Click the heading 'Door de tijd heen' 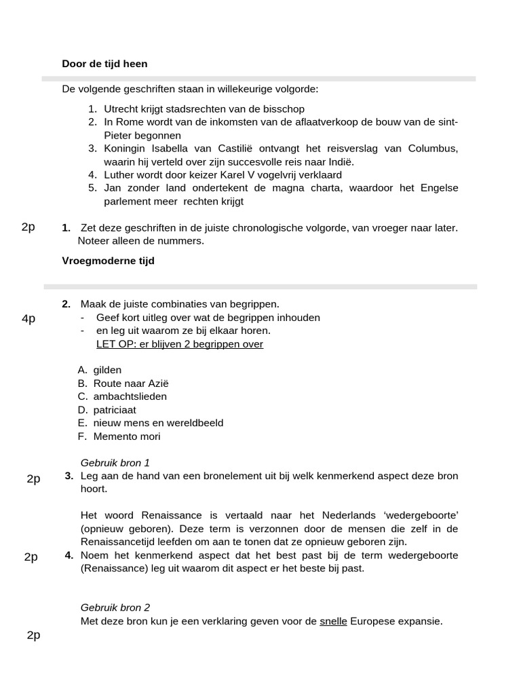point(104,64)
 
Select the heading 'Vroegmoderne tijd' point(108,261)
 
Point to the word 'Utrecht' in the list point(121,109)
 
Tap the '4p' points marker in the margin point(28,318)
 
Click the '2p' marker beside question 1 point(28,227)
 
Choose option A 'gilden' point(107,370)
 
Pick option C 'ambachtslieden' point(130,396)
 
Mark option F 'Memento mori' point(126,436)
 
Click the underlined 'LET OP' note point(179,344)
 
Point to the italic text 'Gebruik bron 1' point(115,463)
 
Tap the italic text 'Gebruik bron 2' point(115,607)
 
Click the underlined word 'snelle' point(333,621)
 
